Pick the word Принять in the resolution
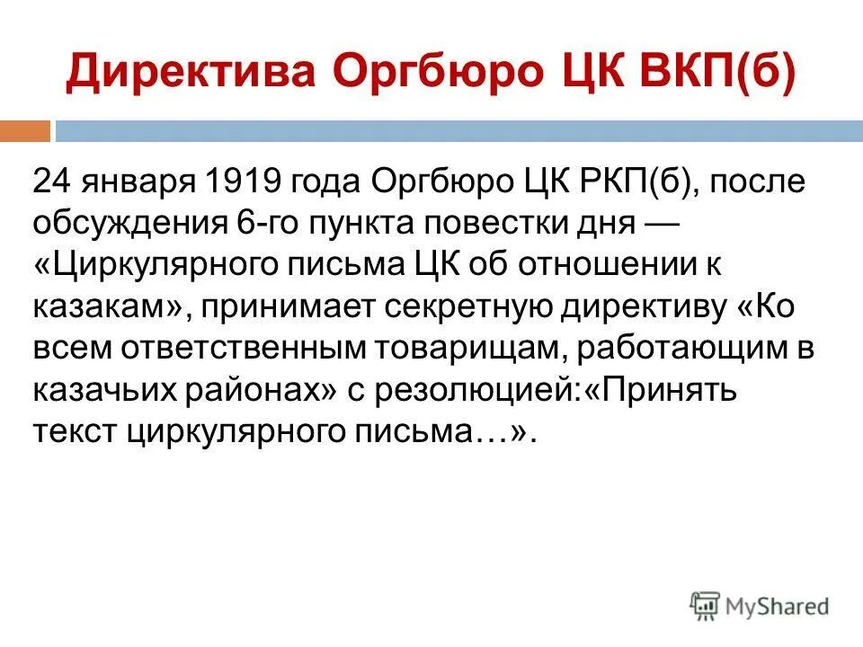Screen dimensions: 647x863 click(x=661, y=390)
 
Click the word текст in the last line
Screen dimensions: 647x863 click(x=74, y=432)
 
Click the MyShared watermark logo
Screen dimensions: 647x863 click(x=760, y=606)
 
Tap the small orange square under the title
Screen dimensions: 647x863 click(x=24, y=131)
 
